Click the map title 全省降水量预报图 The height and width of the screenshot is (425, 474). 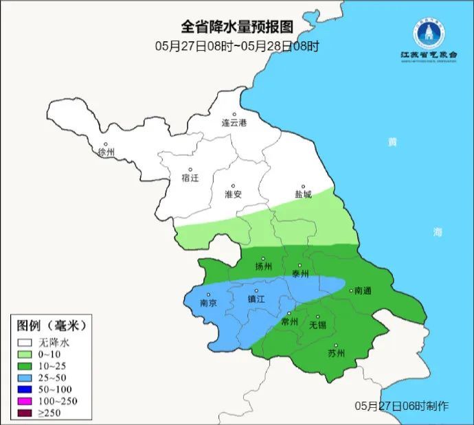[x=237, y=27]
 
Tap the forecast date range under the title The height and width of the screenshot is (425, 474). [x=237, y=47]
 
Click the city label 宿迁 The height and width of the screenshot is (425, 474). [x=190, y=178]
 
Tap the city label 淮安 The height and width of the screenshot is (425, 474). [x=234, y=194]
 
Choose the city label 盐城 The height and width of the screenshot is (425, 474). [x=303, y=194]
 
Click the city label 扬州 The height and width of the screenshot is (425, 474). [x=264, y=267]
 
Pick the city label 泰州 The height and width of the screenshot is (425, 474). [x=301, y=273]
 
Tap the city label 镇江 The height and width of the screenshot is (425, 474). [x=256, y=299]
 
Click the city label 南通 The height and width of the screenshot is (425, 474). [x=362, y=291]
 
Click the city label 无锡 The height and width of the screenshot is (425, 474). [x=317, y=325]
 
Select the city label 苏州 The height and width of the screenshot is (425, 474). [x=336, y=354]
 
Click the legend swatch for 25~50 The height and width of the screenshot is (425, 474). [x=26, y=377]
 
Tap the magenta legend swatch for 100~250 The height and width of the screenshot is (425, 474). [x=26, y=400]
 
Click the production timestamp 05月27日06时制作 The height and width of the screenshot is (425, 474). [x=402, y=406]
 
